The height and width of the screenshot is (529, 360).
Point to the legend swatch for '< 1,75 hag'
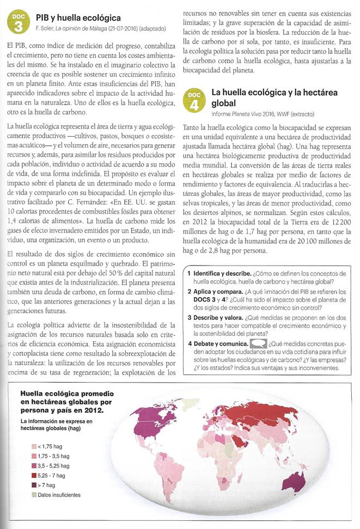point(35,446)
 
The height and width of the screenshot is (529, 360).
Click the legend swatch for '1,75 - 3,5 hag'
point(35,456)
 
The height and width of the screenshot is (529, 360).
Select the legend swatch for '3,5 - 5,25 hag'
point(35,466)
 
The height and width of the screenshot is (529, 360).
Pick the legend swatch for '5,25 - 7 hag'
point(35,475)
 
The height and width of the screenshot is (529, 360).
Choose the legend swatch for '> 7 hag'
point(35,485)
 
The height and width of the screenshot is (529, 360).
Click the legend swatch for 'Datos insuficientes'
point(35,495)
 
